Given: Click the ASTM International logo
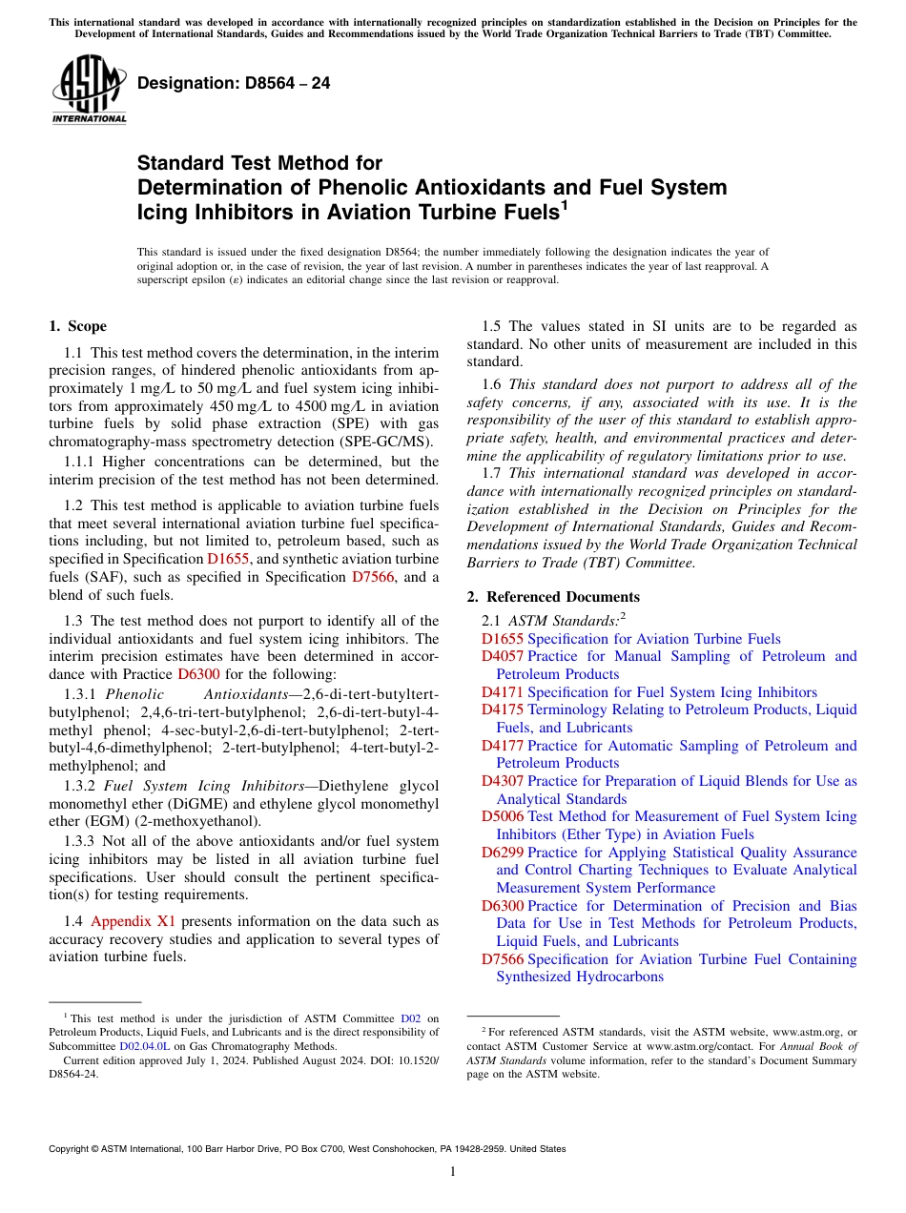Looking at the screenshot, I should pos(88,90).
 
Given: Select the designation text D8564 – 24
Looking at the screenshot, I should pos(234,83).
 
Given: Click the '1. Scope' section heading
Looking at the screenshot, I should pos(77,326).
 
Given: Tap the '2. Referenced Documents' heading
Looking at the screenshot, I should pos(553,597).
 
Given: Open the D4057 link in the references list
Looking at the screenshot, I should pos(502,656).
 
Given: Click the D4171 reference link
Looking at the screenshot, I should pos(502,692).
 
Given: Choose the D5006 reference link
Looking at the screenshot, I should pos(502,816).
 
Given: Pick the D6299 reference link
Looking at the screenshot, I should pos(502,853).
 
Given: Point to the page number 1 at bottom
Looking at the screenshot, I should pos(453,1172).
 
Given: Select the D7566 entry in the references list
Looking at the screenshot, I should pos(502,959).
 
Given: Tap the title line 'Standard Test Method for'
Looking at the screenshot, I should pos(259,164).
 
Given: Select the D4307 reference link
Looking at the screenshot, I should pos(502,781).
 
